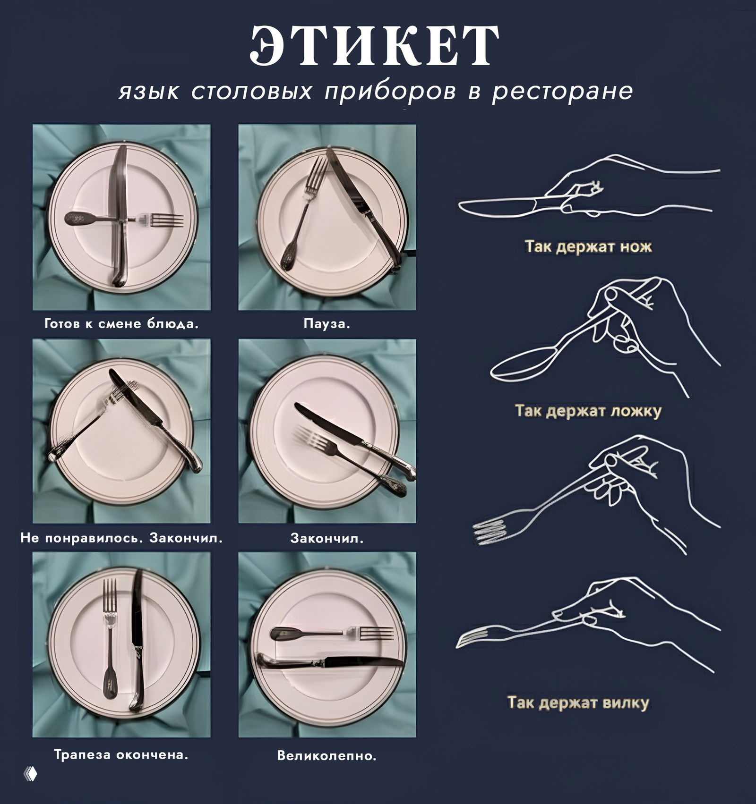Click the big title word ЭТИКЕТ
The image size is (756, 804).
tap(374, 46)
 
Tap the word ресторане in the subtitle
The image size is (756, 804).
tap(562, 91)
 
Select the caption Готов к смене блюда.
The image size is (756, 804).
tap(121, 324)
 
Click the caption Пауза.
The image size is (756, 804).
tap(327, 324)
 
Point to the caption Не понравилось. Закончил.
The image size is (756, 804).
tap(121, 538)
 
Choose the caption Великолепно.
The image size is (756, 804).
tap(327, 756)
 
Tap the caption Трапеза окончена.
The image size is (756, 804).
tap(121, 754)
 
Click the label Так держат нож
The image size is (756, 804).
tap(588, 246)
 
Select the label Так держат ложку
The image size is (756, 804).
tap(588, 411)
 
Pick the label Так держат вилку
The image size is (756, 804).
tap(578, 702)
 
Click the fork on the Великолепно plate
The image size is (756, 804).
tap(331, 633)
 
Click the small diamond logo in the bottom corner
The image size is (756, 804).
tap(30, 774)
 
